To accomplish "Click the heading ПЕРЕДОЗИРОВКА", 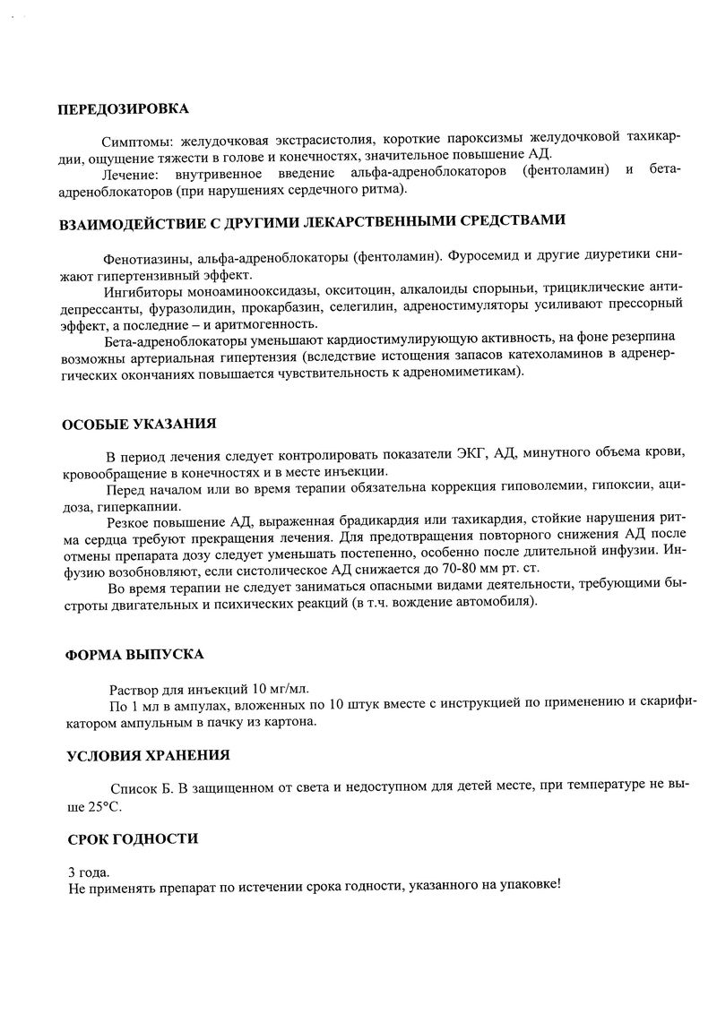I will click(123, 109).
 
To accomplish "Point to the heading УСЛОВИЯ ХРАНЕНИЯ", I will click(148, 755).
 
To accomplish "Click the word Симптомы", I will click(139, 141).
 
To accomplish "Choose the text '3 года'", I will click(90, 871).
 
